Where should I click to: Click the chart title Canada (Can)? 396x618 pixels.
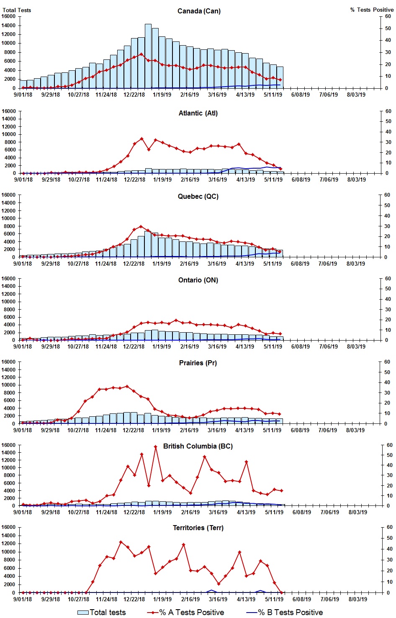[199, 11]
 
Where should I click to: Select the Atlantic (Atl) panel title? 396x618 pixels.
[198, 113]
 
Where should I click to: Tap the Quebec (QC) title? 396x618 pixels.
[198, 196]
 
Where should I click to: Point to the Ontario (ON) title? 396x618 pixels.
[198, 280]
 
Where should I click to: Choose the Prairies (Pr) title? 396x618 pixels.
[198, 363]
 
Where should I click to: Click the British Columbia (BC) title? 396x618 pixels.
[198, 446]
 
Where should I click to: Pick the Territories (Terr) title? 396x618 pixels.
[198, 528]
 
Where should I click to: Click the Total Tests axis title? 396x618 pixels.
[17, 10]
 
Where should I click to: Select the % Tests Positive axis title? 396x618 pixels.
[372, 10]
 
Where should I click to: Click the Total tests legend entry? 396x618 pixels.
[102, 612]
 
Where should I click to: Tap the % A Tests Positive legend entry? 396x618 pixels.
[185, 612]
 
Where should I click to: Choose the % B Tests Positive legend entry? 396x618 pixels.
[285, 612]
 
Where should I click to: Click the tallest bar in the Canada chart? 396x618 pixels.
[148, 56]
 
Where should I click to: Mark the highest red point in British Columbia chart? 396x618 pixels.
[155, 446]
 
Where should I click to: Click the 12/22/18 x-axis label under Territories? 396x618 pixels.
[134, 599]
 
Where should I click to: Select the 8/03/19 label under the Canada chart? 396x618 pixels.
[356, 95]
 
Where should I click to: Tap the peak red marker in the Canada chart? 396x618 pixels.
[141, 54]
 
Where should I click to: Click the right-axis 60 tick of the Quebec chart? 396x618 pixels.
[388, 195]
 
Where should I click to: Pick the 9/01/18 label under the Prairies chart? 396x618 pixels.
[23, 430]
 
